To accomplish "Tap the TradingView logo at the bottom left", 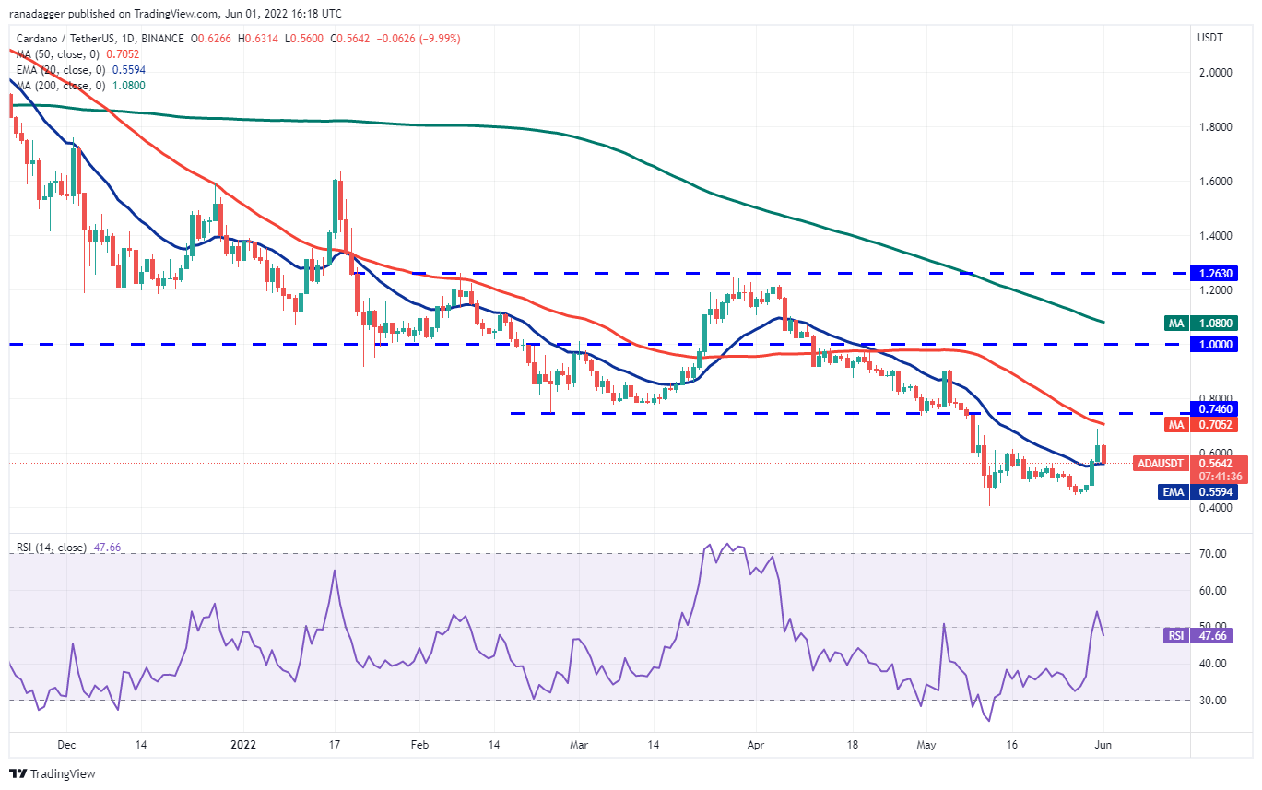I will tap(53, 773).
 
